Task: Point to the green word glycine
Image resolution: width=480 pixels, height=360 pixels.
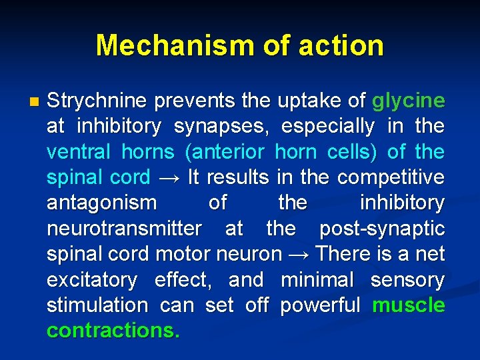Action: (x=408, y=101)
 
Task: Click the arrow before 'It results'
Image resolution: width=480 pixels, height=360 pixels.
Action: (x=169, y=178)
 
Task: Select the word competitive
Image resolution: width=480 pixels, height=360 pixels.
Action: (x=391, y=178)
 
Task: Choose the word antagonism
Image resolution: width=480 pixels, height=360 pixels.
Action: (x=102, y=203)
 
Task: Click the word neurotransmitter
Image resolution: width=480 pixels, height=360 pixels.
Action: (x=124, y=229)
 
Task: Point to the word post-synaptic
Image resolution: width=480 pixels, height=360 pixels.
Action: (x=382, y=229)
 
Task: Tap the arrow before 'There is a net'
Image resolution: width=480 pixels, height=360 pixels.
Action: (x=299, y=254)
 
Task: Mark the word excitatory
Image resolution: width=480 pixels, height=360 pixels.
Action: (x=92, y=279)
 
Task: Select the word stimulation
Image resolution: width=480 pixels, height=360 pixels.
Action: (x=97, y=305)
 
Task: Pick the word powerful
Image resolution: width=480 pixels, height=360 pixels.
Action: (x=321, y=305)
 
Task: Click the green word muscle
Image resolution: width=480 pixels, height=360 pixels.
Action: (x=409, y=305)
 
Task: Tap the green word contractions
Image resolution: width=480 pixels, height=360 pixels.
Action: (x=113, y=331)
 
